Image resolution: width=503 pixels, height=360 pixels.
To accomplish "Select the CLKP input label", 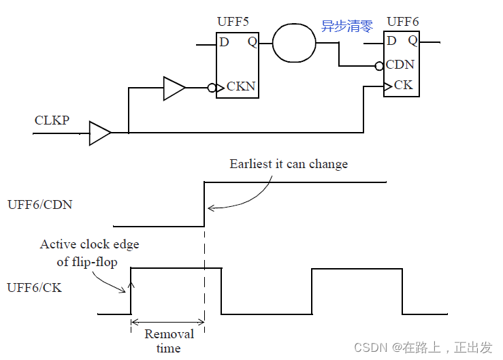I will [52, 120].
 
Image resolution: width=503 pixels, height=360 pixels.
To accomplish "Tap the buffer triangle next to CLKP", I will [99, 133].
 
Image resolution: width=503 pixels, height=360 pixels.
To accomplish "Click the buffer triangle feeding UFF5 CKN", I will [174, 88].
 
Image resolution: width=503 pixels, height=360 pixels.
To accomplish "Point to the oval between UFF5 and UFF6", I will [294, 43].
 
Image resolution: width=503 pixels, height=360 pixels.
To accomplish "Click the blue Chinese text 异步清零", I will [347, 27].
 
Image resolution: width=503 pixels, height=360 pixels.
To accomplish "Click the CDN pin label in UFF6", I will [400, 65].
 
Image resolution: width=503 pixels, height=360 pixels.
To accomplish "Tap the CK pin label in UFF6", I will [403, 86].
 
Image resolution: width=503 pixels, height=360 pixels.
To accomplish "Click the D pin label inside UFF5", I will [224, 42].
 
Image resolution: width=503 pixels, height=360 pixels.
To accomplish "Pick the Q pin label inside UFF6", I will [412, 41].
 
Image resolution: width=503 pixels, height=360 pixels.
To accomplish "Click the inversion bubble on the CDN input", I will [379, 66].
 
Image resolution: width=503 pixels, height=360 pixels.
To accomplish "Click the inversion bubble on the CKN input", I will [212, 88].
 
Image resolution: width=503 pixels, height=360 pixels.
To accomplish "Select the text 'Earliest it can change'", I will [289, 164].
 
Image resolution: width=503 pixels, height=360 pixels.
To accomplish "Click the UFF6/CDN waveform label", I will [39, 203].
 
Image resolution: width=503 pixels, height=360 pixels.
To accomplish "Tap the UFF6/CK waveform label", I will [34, 288].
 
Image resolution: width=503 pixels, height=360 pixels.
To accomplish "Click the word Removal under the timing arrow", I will [169, 334].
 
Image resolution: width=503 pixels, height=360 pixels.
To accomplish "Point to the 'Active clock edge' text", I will [89, 244].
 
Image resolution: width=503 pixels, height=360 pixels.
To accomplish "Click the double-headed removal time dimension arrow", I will [167, 321].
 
